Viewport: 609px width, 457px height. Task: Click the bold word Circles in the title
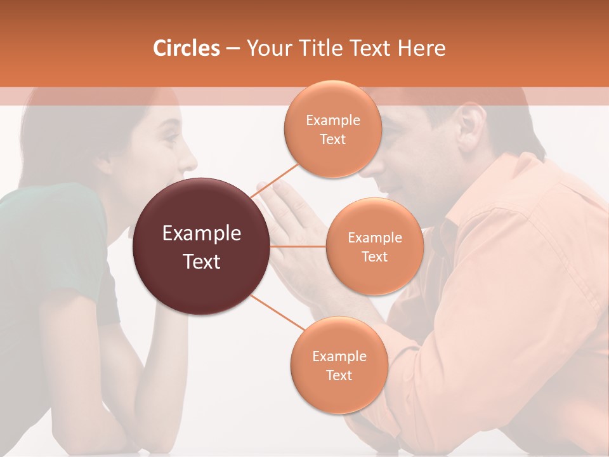(x=186, y=48)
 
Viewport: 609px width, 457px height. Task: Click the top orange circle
(x=332, y=129)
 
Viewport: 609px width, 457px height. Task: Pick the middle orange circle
(x=374, y=246)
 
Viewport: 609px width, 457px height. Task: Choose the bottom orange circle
(x=339, y=365)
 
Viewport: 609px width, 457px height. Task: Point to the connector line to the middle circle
(x=298, y=246)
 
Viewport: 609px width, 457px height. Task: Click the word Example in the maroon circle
(x=202, y=234)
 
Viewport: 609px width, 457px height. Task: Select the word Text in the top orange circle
(x=332, y=139)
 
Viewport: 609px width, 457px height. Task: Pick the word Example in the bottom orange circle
(x=339, y=356)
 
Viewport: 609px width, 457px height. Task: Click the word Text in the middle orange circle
(x=374, y=256)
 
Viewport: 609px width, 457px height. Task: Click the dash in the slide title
(x=232, y=48)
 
